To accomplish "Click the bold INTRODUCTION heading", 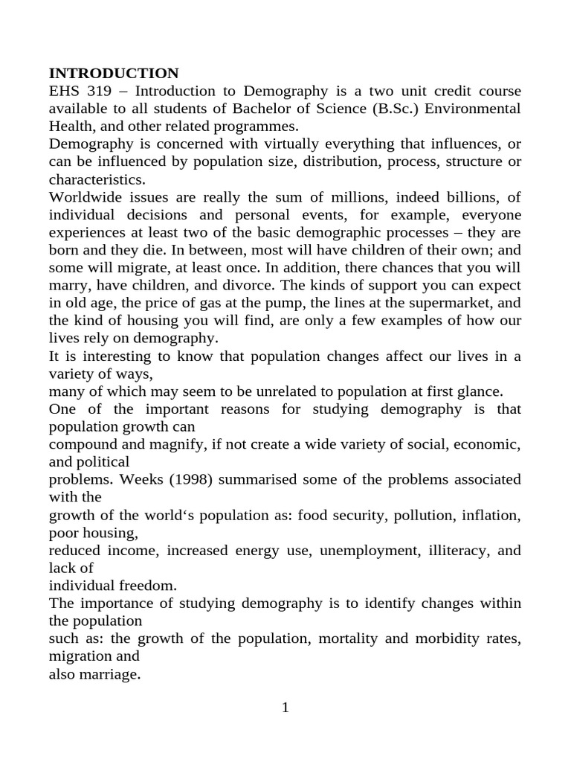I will coord(114,73).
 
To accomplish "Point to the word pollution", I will coord(408,515).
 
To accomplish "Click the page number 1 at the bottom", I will coord(285,708).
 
